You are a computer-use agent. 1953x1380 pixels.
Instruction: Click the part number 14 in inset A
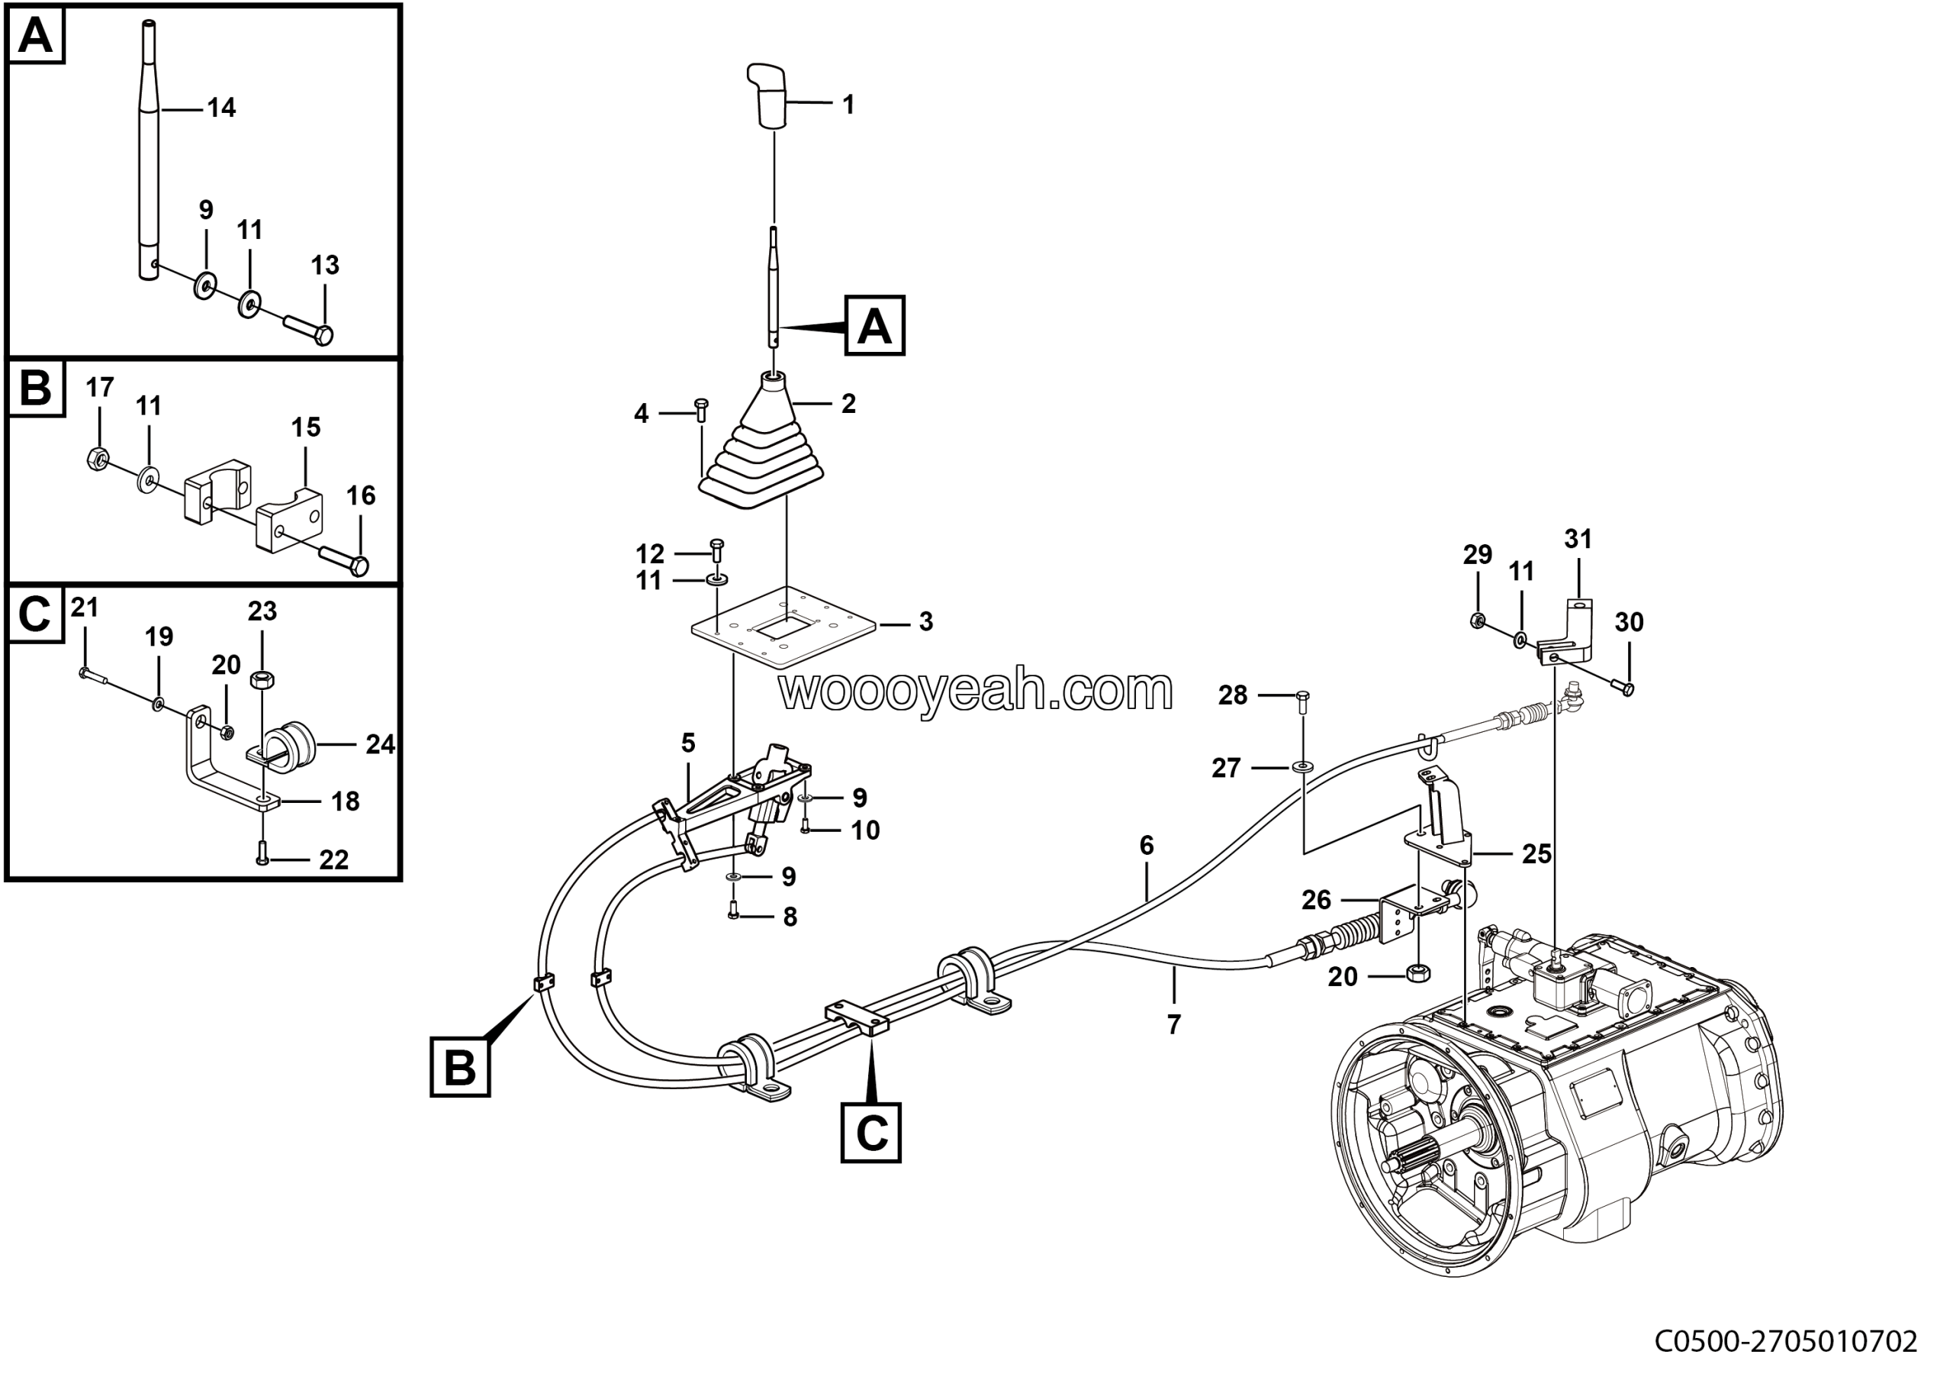221,108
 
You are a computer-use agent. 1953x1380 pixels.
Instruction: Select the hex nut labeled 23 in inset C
262,680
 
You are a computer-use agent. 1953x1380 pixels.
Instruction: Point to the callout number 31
1578,539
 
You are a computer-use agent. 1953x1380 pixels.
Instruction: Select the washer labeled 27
1302,767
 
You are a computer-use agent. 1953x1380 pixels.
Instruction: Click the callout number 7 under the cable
1174,1024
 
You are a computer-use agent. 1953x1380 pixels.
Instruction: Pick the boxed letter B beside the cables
460,1066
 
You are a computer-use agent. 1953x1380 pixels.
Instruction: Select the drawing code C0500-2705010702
1785,1342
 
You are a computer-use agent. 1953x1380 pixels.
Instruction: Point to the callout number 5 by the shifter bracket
688,743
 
